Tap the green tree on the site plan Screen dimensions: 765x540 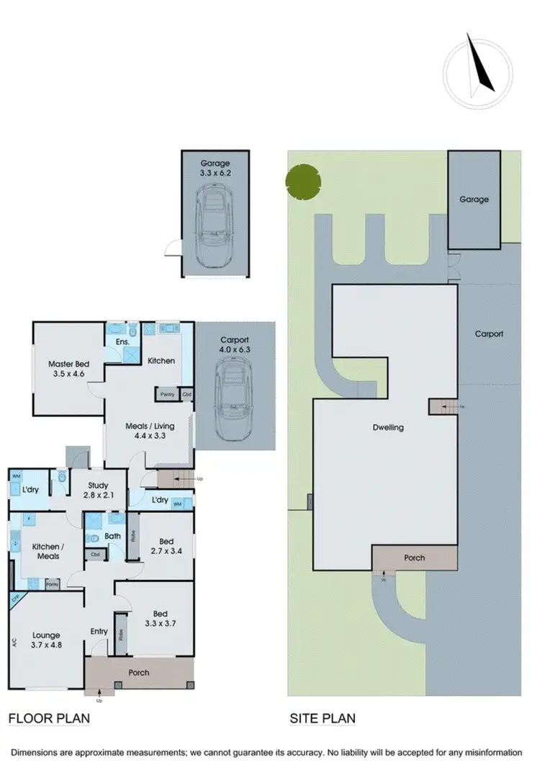tap(301, 180)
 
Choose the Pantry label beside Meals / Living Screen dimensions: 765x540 tap(167, 394)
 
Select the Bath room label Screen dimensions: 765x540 tap(112, 536)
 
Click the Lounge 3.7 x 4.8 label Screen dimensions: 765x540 tap(46, 641)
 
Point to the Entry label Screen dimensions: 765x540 tap(99, 632)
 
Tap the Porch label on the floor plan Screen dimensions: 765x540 tap(139, 672)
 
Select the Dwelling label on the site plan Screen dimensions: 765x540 tap(388, 427)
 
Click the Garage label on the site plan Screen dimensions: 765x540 tap(474, 200)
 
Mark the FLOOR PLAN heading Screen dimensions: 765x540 tap(48, 719)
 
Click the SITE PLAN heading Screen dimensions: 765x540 tap(322, 719)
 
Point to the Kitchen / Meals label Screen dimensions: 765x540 tap(45, 551)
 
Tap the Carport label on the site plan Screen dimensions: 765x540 tap(489, 334)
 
